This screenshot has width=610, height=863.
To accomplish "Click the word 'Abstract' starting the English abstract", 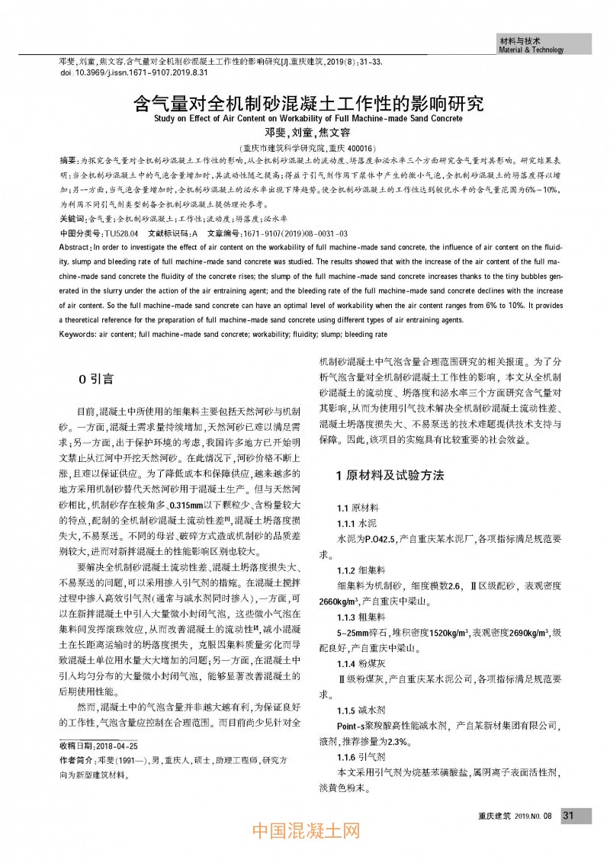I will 74,248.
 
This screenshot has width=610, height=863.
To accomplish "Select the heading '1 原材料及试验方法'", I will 390,475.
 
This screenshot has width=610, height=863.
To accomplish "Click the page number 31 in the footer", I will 568,815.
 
